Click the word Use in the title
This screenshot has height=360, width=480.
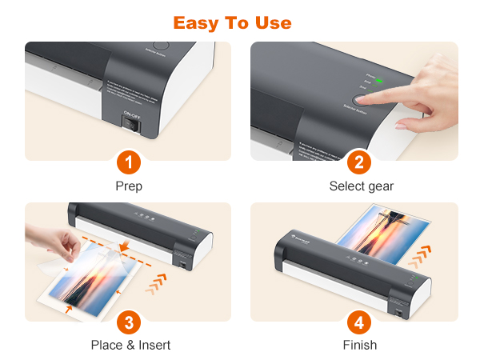coord(272,22)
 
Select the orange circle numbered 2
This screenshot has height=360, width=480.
coord(360,163)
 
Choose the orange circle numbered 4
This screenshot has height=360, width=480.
coord(360,322)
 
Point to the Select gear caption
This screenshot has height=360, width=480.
coord(361,186)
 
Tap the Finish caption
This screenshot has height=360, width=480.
coord(360,345)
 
